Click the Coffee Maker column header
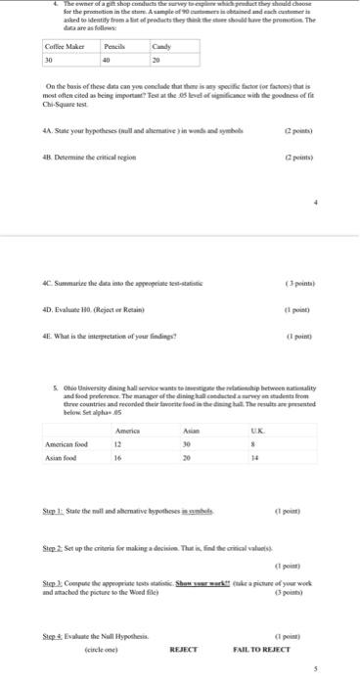click(x=64, y=46)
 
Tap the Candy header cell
click(x=161, y=46)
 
